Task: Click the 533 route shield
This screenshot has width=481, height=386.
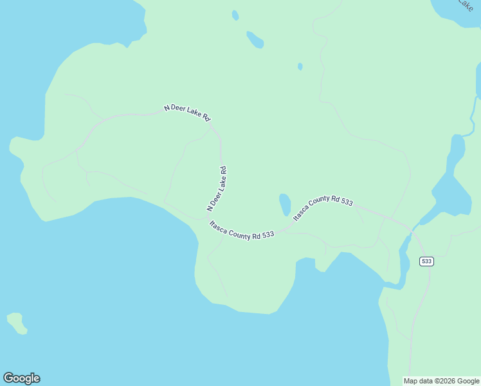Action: (426, 261)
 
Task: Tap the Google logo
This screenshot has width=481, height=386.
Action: (21, 378)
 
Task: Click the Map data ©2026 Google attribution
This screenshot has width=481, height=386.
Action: (441, 381)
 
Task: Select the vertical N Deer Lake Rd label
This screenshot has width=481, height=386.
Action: (217, 189)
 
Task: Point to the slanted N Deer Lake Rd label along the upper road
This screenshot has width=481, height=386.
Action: (187, 113)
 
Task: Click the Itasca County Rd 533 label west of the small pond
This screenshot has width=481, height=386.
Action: (242, 230)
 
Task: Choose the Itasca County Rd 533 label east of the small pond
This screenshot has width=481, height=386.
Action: (323, 209)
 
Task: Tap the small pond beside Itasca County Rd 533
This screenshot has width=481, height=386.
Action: (284, 205)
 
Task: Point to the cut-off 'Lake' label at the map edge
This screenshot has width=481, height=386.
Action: (464, 5)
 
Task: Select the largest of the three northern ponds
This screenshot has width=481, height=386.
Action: (255, 39)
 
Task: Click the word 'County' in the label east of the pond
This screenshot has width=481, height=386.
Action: (320, 207)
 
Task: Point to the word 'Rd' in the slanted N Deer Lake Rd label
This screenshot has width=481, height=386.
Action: (206, 118)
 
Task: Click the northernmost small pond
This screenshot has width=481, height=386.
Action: (235, 15)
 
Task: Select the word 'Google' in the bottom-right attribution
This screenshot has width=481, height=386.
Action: (466, 381)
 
